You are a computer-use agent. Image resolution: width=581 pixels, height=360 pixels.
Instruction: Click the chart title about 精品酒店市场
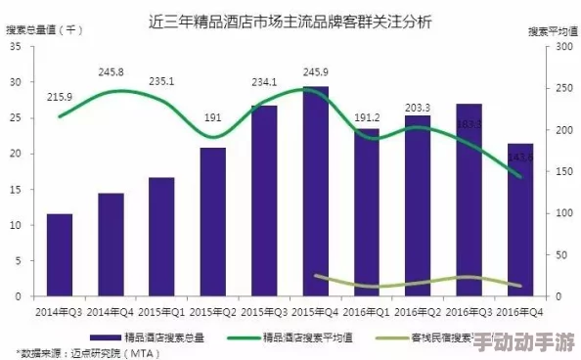[291, 21]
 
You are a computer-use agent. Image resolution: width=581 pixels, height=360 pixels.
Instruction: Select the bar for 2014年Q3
[60, 254]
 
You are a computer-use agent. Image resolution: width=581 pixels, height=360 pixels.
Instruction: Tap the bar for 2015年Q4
[315, 192]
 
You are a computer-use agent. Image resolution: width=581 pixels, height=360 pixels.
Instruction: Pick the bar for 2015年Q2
[213, 222]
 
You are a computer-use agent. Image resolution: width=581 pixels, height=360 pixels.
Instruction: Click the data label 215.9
[60, 97]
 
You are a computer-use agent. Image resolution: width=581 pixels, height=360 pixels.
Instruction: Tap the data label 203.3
[418, 108]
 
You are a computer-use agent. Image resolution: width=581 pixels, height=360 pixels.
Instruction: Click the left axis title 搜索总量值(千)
[46, 30]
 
